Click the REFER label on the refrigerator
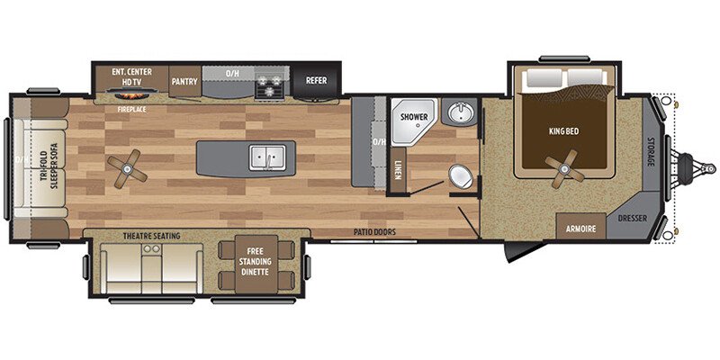pos(317,80)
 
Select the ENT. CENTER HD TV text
pos(132,76)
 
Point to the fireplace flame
pos(132,94)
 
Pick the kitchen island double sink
pos(266,157)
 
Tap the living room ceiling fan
pos(125,166)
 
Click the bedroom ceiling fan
pos(563,167)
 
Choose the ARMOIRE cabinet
pos(580,229)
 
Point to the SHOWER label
pos(413,115)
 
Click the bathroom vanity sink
pos(461,113)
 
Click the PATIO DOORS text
pos(374,232)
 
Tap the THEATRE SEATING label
pos(151,236)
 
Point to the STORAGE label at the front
pos(651,157)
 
